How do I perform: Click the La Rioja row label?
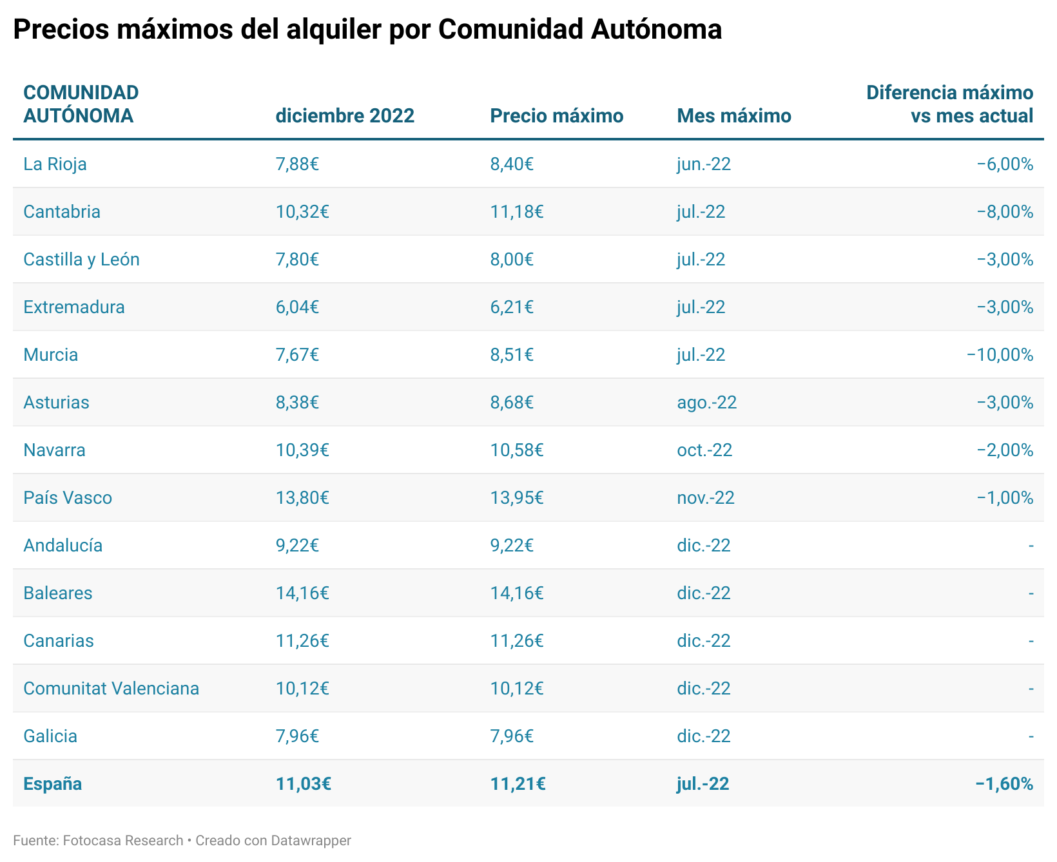[55, 164]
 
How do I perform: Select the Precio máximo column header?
[556, 116]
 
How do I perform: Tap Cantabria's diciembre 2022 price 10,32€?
[302, 212]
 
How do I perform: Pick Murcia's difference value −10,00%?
[1000, 355]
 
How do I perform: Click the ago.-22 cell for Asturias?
[706, 403]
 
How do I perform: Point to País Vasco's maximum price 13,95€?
[516, 498]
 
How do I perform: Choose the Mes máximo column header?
[733, 116]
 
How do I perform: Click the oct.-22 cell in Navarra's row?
[704, 450]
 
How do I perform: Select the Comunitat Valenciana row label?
[111, 689]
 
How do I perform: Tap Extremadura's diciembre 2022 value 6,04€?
[297, 307]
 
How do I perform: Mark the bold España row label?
[52, 784]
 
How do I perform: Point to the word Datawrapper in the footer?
[311, 841]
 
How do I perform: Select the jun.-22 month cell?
[703, 164]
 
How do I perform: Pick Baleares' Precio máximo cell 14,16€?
[516, 593]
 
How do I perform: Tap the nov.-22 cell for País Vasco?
[705, 498]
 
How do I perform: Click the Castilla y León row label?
[81, 260]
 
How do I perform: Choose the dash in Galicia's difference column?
[1031, 736]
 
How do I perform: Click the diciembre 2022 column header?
[345, 116]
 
